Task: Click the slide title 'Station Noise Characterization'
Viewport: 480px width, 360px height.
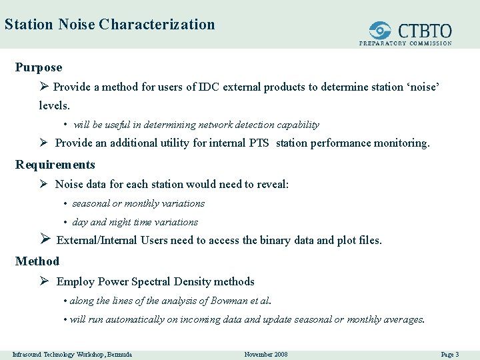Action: click(x=109, y=25)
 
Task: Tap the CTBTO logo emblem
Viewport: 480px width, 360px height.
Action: click(x=381, y=31)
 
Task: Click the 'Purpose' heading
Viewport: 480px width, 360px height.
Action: click(x=39, y=67)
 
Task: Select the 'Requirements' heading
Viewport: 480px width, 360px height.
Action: click(x=55, y=165)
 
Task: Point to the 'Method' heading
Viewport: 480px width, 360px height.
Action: click(x=37, y=261)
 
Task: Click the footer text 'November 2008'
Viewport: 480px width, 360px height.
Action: click(x=266, y=354)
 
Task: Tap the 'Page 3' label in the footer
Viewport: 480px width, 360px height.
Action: click(x=451, y=354)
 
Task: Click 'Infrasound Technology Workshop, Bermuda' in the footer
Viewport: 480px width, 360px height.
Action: click(x=72, y=354)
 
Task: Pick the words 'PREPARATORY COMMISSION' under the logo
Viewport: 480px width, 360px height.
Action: click(x=405, y=43)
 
